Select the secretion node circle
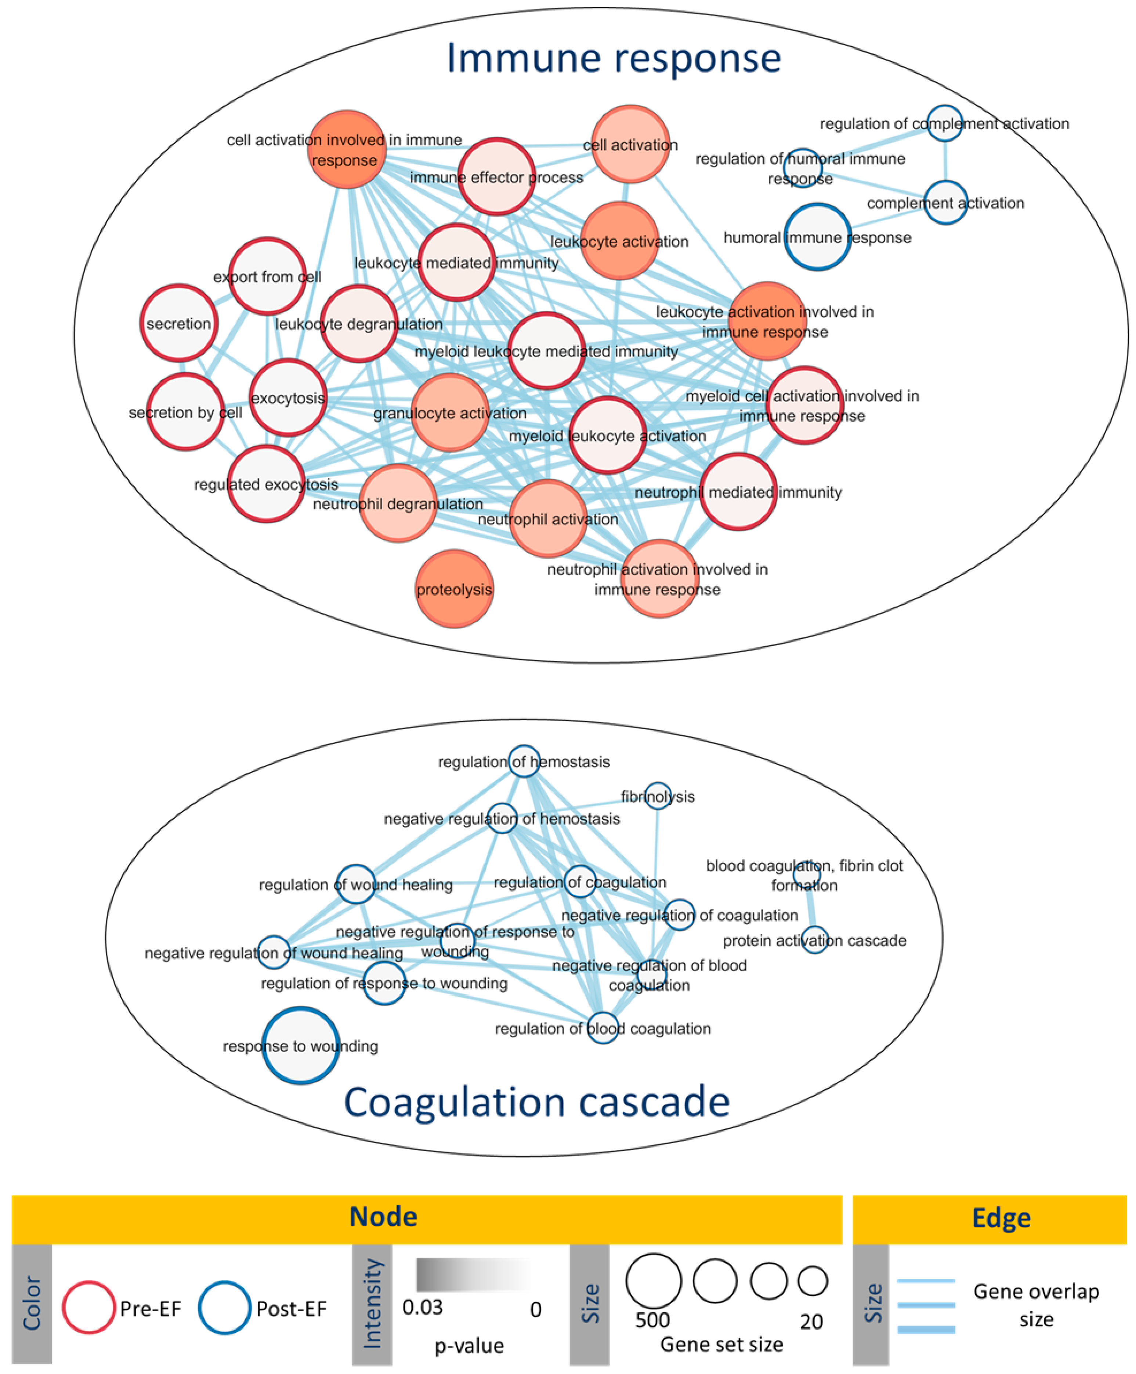pos(179,323)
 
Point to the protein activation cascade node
pos(815,940)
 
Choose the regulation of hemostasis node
pos(524,761)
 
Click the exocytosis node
pos(288,397)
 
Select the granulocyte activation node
pos(450,412)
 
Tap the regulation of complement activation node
pos(945,123)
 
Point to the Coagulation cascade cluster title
pos(536,1102)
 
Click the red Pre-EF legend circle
pos(88,1307)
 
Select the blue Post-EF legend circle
pos(224,1307)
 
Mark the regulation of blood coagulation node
pos(603,1028)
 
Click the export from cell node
pos(267,276)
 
